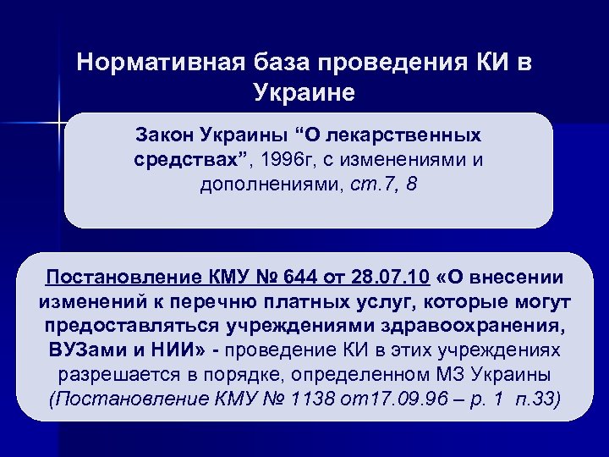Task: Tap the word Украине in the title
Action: [304, 91]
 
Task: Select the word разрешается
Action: [111, 375]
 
